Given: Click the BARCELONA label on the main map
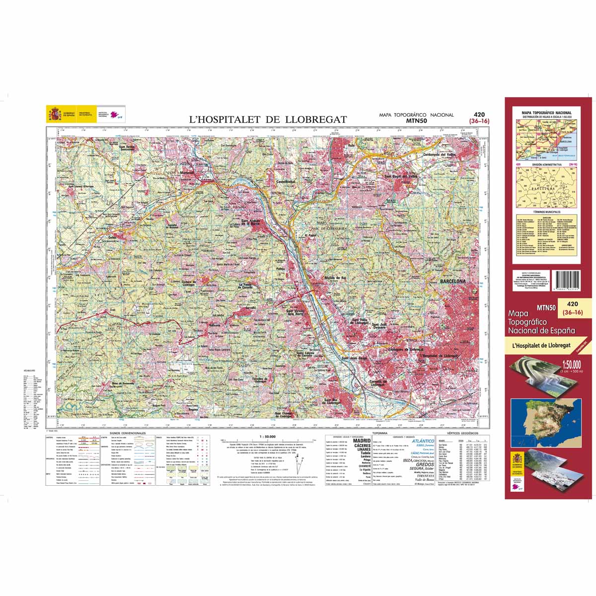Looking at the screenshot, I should tap(452, 282).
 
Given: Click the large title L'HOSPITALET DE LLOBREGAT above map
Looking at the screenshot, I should tap(268, 119).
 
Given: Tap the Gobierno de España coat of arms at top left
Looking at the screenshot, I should tap(54, 114).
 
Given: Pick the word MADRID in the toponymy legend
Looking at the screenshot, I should tap(362, 441).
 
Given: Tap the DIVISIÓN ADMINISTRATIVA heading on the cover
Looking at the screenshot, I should tap(546, 164).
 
